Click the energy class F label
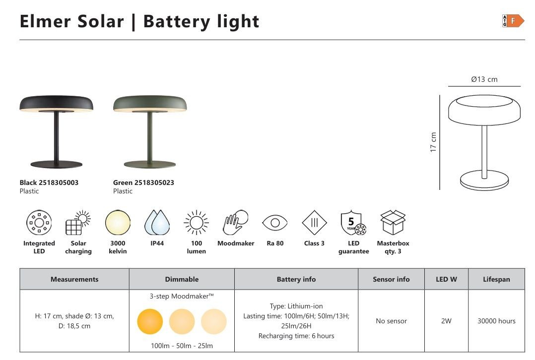(x=513, y=21)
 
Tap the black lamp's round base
(x=56, y=164)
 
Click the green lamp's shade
(x=150, y=104)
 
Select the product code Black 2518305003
(x=49, y=182)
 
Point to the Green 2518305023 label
(x=143, y=182)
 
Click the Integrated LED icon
(x=39, y=223)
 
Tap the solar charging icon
(x=78, y=223)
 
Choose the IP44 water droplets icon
(x=157, y=223)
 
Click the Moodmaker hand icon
(x=235, y=222)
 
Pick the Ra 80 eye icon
(x=275, y=223)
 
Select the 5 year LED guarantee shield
(x=353, y=223)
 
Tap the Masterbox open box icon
(x=393, y=222)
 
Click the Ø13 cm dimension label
(x=484, y=79)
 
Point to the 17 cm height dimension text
(x=433, y=142)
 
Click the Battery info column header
(x=296, y=279)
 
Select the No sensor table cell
(x=392, y=321)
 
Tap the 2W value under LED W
(x=446, y=321)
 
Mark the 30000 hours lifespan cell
(x=496, y=321)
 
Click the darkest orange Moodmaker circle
(x=150, y=321)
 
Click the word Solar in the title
(x=101, y=21)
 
